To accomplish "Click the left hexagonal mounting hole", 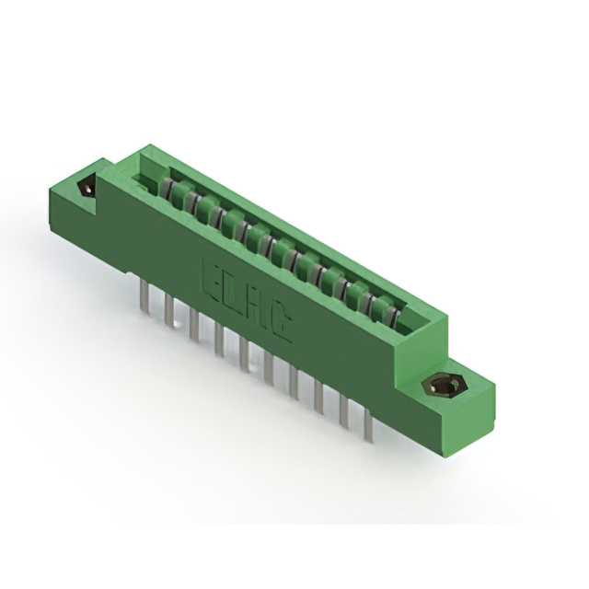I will point(88,188).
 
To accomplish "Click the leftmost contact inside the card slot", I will point(169,190).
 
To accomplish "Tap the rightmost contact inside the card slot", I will point(393,318).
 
